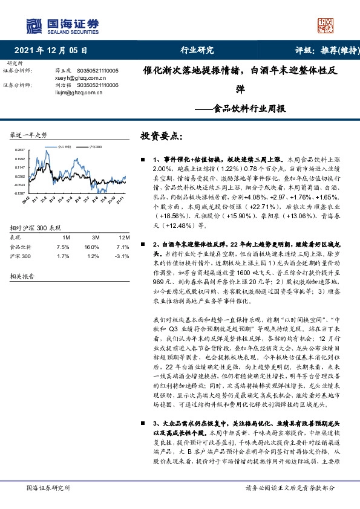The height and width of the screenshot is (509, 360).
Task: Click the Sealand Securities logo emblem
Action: tap(34, 25)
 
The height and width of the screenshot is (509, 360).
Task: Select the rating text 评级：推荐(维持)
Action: tap(325, 51)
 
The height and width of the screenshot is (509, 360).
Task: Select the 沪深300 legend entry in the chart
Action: tap(95, 147)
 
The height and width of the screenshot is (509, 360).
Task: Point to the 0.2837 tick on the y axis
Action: tap(19, 151)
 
